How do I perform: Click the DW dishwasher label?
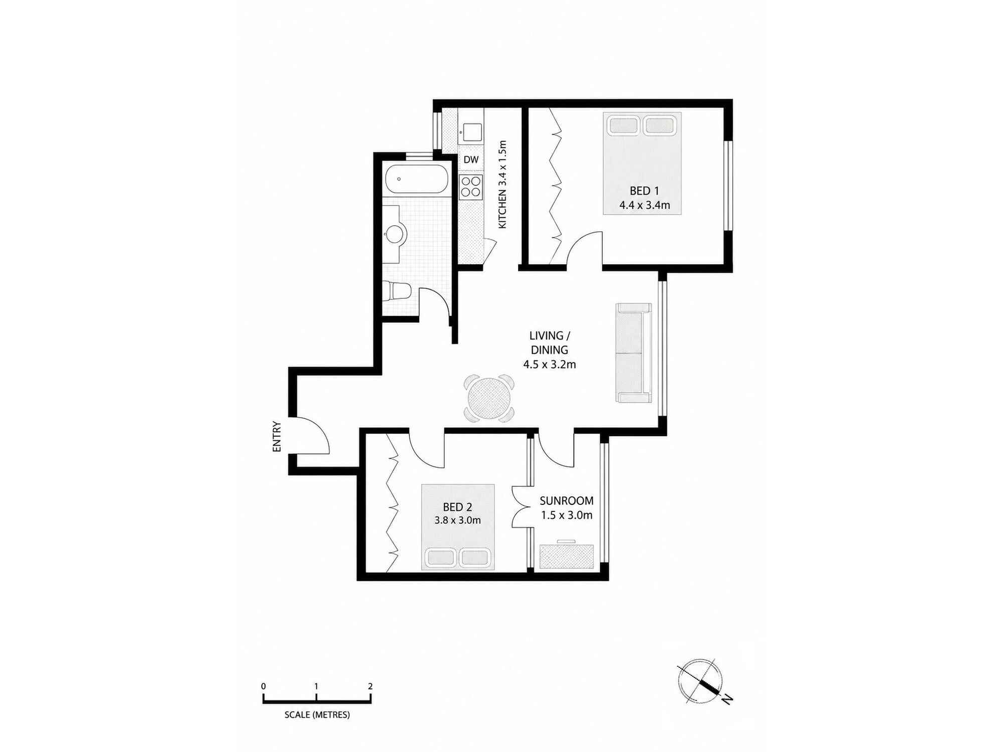(x=471, y=160)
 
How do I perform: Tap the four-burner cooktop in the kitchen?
(x=471, y=186)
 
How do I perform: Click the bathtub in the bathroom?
(x=416, y=179)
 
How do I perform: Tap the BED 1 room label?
(x=644, y=191)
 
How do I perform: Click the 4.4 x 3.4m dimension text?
(x=644, y=205)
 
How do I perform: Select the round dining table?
(x=489, y=399)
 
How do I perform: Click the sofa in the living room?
(x=634, y=353)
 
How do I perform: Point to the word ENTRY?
(x=277, y=437)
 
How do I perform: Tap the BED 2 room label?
(x=457, y=507)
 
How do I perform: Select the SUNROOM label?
(x=567, y=501)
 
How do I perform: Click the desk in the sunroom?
(x=566, y=555)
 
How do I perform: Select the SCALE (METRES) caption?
(x=317, y=715)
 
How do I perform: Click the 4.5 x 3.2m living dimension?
(x=550, y=364)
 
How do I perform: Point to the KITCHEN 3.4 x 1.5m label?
(x=503, y=184)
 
